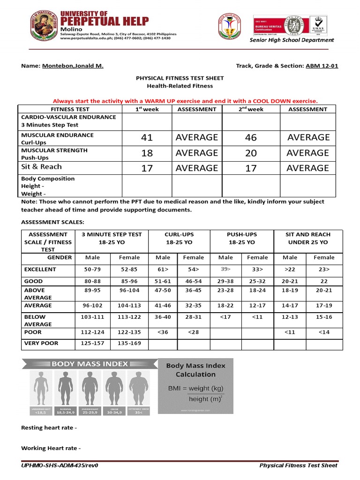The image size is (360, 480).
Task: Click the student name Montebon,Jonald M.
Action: click(73, 66)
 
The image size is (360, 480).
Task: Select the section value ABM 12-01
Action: click(322, 66)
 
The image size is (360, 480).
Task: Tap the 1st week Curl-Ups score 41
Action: click(147, 138)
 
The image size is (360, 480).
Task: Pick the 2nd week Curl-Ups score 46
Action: click(251, 138)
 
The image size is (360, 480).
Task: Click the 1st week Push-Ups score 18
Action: click(147, 153)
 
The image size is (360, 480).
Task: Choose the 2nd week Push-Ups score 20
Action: click(251, 153)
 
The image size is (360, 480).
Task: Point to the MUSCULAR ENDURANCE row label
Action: click(57, 135)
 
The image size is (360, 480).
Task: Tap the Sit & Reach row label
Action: click(41, 167)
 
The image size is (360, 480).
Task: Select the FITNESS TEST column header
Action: click(69, 109)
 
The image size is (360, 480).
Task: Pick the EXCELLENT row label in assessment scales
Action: click(40, 270)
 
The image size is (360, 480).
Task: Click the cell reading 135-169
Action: click(129, 344)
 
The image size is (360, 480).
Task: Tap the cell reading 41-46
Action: click(163, 306)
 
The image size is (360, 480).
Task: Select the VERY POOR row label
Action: click(41, 344)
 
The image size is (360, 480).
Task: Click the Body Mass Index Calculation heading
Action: click(195, 370)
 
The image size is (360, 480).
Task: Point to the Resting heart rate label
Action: click(49, 428)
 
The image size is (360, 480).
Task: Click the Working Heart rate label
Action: click(51, 449)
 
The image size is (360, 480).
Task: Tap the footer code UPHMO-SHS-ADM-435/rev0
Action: click(60, 465)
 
